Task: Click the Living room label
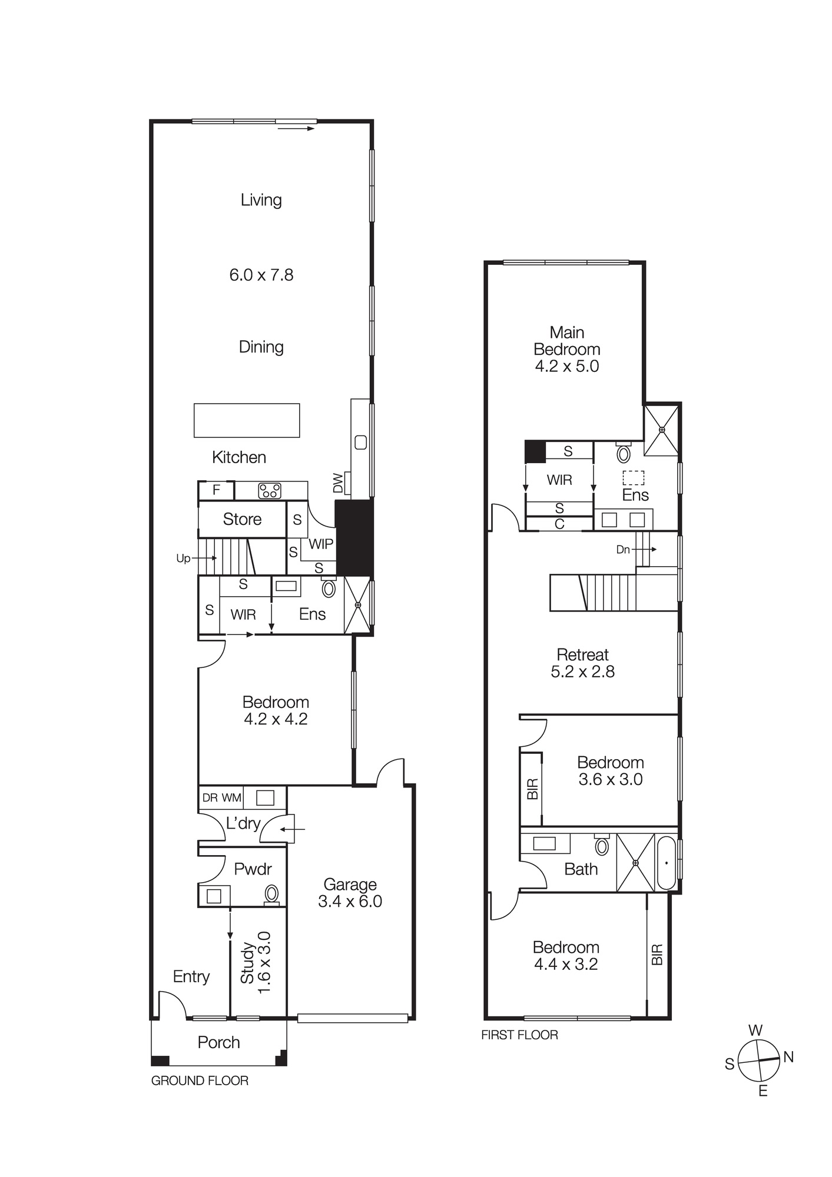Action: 261,200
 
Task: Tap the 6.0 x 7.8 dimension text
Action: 261,275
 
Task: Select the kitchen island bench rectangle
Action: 247,420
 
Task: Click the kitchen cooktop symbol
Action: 270,490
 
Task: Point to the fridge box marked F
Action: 216,490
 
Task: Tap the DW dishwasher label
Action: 338,483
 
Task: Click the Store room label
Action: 242,519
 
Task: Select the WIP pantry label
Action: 321,544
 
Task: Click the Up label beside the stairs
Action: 183,558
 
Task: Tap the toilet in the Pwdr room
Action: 271,893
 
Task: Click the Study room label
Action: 247,963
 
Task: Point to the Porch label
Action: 218,1042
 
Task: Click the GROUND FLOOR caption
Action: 200,1080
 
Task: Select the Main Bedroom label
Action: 566,341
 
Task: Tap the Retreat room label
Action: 582,654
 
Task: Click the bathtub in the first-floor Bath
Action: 667,863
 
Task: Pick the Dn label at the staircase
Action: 623,550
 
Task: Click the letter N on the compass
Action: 789,1057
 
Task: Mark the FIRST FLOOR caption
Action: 519,1035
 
